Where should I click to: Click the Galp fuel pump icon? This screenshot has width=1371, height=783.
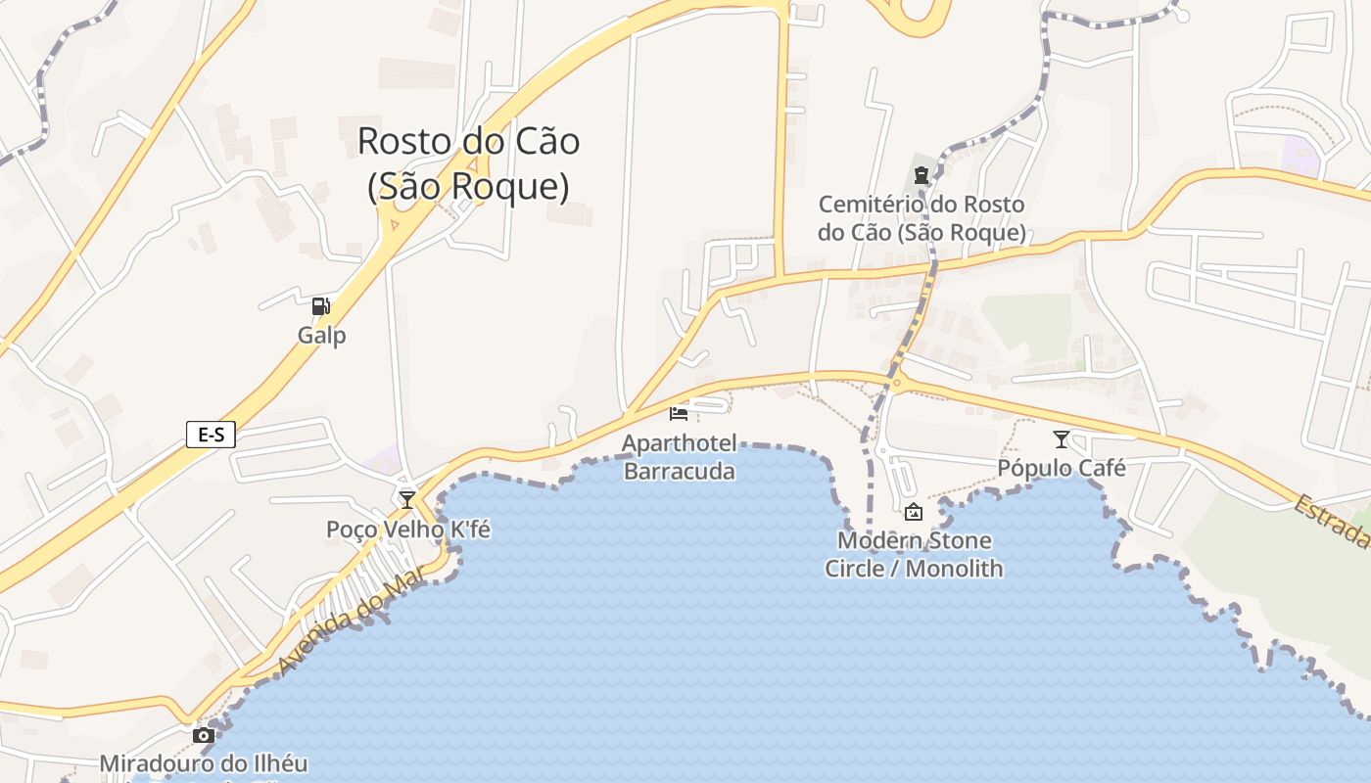click(x=320, y=306)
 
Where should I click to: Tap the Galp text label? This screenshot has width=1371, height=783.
click(x=322, y=336)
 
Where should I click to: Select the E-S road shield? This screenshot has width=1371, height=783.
click(x=211, y=434)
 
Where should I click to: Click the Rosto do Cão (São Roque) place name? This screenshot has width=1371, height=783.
click(x=468, y=162)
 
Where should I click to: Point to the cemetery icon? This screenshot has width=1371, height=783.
click(x=921, y=176)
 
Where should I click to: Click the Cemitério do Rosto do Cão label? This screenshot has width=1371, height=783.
click(x=922, y=218)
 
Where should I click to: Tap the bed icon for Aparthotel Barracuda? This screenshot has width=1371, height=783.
click(x=678, y=414)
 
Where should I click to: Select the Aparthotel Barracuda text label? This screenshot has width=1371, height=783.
click(x=679, y=457)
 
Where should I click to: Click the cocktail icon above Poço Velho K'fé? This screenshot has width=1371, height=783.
click(x=407, y=499)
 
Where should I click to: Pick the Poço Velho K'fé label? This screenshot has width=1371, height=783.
click(x=408, y=530)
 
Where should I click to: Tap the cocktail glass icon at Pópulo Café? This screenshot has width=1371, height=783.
click(x=1061, y=439)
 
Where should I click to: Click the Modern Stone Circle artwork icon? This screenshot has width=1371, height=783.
click(x=913, y=511)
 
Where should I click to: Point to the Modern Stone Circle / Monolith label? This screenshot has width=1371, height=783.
click(x=914, y=554)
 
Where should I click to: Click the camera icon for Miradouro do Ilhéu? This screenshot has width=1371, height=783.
click(x=204, y=735)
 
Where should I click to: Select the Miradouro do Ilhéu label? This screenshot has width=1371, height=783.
click(x=204, y=763)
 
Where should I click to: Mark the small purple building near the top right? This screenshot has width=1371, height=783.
click(x=1301, y=155)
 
